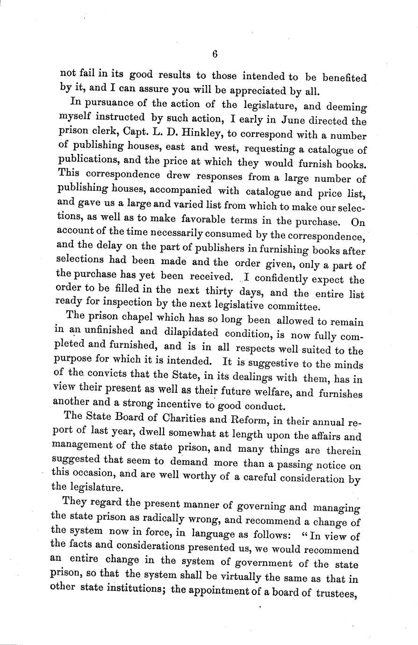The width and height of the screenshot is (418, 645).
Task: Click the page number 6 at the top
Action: click(x=215, y=54)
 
